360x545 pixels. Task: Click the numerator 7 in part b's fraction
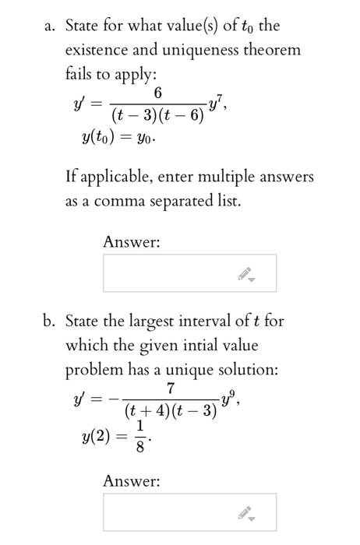(x=171, y=388)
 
